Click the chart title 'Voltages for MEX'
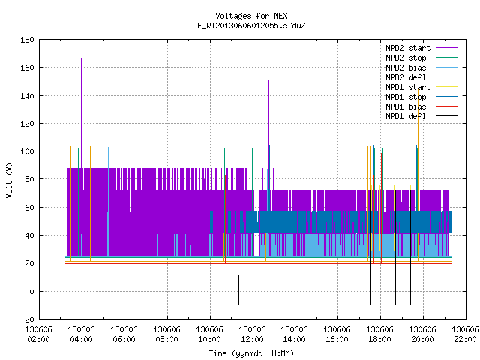pos(251,16)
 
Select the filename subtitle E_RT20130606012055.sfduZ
pos(251,25)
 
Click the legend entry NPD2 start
pos(408,48)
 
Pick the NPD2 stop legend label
pos(406,58)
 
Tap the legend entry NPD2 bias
pos(406,67)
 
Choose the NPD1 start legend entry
pos(408,87)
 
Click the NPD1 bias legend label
pos(406,106)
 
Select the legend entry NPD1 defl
pos(406,116)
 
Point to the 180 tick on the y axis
pos(27,40)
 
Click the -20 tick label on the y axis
pos(27,319)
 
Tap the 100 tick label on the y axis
pos(27,151)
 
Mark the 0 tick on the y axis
pos(31,292)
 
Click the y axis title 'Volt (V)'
pos(9,180)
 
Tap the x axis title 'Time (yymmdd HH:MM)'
pos(251,353)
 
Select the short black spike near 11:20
pos(238,290)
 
